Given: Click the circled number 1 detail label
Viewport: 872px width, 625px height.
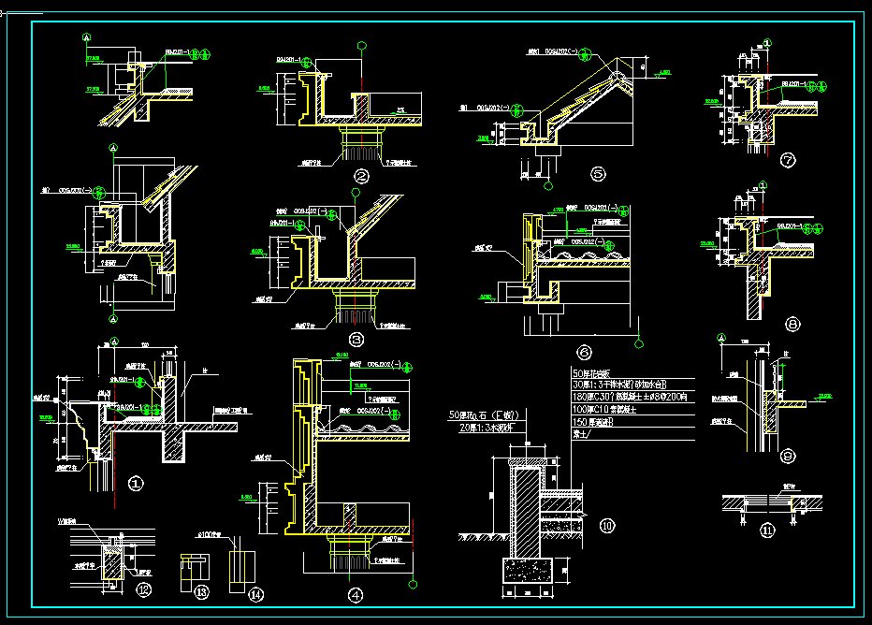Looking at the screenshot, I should pyautogui.click(x=136, y=484).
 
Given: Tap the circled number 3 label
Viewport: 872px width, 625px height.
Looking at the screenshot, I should pyautogui.click(x=355, y=340).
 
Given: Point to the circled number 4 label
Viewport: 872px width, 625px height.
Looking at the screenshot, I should pyautogui.click(x=355, y=594).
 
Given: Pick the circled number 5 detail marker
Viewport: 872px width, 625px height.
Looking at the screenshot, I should pyautogui.click(x=599, y=173).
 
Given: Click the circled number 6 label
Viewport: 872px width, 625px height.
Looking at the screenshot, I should pyautogui.click(x=585, y=353).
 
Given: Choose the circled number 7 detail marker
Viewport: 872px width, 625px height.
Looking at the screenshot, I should pyautogui.click(x=788, y=160).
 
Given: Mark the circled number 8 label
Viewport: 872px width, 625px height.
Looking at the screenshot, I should pyautogui.click(x=792, y=325).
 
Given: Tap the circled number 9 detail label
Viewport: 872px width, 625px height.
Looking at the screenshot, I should pyautogui.click(x=789, y=458).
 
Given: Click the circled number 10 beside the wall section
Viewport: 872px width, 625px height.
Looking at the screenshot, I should pyautogui.click(x=608, y=527).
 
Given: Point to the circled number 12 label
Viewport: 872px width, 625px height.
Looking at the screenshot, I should pyautogui.click(x=143, y=589).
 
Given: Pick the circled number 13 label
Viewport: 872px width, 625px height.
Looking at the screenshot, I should pyautogui.click(x=201, y=590).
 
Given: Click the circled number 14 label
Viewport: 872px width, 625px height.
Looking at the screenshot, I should pyautogui.click(x=255, y=592).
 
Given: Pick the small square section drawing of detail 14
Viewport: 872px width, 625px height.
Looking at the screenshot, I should pyautogui.click(x=241, y=565).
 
